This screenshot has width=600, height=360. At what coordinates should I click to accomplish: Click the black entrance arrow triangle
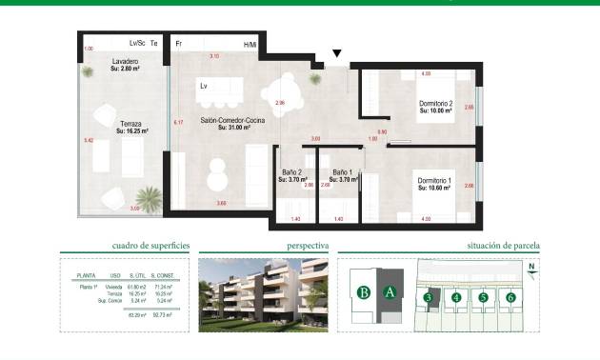(x=336, y=54)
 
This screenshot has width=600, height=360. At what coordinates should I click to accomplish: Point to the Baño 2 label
(x=290, y=175)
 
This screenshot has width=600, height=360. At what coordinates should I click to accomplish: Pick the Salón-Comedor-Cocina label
(x=226, y=124)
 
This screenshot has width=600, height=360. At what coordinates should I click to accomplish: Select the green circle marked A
(x=389, y=293)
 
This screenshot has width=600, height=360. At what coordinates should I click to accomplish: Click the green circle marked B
(x=363, y=293)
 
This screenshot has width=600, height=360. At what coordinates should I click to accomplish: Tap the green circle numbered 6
(x=511, y=298)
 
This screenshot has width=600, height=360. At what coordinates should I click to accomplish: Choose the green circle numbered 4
(x=457, y=298)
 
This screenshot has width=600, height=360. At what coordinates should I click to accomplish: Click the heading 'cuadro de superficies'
(x=150, y=246)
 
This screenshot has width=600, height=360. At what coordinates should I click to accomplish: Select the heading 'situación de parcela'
(x=504, y=246)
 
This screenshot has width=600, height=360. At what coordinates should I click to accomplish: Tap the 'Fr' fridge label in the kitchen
(x=179, y=44)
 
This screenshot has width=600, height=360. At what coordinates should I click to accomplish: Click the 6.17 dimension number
(x=177, y=123)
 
